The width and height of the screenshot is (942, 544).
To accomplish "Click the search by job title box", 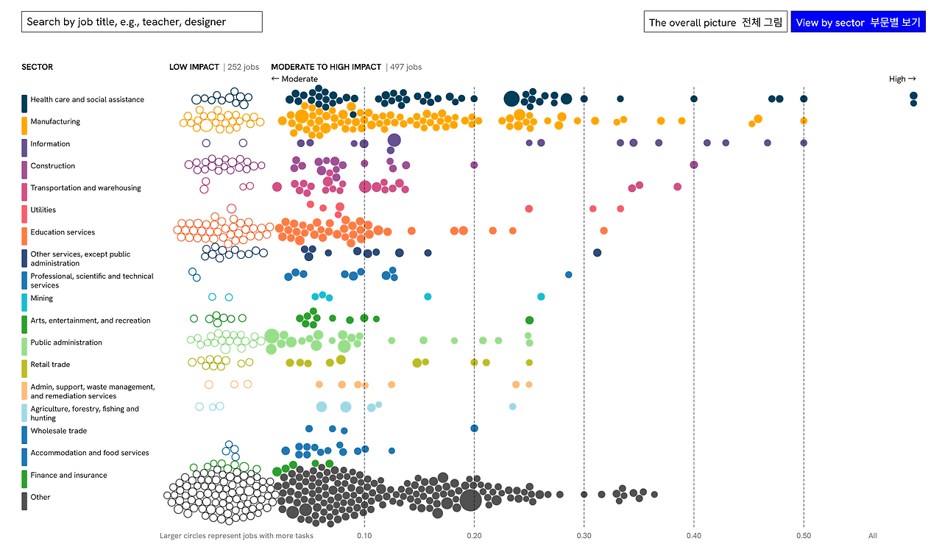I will point(141,22).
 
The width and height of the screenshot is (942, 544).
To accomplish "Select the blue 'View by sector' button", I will point(857,22).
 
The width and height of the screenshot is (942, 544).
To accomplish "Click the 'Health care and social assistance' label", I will point(87,100).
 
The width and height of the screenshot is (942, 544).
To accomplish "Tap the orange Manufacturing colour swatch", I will point(25,125).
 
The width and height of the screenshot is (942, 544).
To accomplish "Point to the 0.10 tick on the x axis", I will point(364,536).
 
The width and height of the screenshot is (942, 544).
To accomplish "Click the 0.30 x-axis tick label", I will point(584,536).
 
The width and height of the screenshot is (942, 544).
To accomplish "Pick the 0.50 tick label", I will point(804,536).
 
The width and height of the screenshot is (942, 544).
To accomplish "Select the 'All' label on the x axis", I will point(873,536).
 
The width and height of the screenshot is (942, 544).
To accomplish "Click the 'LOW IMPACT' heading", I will point(194,67).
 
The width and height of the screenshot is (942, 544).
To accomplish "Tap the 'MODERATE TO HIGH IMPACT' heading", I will point(326,67).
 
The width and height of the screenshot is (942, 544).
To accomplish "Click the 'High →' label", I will point(902,79).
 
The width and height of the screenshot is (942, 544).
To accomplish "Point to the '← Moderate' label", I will point(294,79).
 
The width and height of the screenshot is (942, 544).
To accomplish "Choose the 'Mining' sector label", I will point(42,298).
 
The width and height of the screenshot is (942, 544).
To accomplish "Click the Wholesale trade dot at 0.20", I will point(474,428).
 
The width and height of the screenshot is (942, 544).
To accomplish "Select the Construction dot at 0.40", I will point(693,165).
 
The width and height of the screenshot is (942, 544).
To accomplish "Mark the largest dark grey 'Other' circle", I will point(470,500).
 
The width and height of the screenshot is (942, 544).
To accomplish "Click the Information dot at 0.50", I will point(804,143).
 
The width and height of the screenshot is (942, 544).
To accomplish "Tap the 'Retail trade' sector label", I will point(50,365).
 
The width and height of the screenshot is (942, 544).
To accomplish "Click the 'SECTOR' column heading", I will point(38,67).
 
